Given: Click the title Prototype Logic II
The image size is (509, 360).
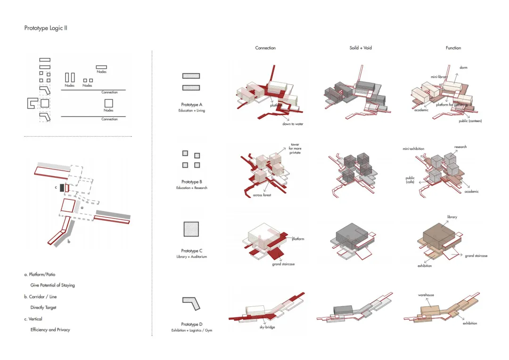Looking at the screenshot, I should point(46,28).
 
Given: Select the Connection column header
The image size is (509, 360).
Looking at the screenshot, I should point(265,48).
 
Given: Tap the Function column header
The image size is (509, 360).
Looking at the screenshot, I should point(453,48).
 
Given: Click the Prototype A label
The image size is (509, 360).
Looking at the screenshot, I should point(191,105).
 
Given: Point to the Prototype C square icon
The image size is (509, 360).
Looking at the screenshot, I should point(191,229).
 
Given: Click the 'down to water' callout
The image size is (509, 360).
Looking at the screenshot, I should point(293,124).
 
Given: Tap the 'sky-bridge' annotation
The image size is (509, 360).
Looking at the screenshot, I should point(267,327).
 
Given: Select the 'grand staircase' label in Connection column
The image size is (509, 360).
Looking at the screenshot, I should point(283,264).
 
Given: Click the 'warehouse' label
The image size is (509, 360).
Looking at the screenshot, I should point(426,295).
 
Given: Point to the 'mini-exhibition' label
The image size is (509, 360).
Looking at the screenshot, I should point(413,149).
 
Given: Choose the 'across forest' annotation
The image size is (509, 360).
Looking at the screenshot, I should point(262,195).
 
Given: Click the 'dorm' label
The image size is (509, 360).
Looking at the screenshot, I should point(463,68).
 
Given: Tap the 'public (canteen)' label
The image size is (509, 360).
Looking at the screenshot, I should point(470,121).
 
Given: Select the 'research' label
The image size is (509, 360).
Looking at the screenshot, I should point(460,147).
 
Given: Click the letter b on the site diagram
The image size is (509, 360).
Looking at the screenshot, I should point(69,242).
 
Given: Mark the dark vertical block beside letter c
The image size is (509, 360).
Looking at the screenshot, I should point(62,188).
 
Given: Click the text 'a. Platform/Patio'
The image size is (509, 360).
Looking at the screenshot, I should point(43,274).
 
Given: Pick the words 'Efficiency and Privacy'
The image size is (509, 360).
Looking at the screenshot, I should point(50,330).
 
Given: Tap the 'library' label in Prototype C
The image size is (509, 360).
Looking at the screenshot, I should point(452,217).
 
